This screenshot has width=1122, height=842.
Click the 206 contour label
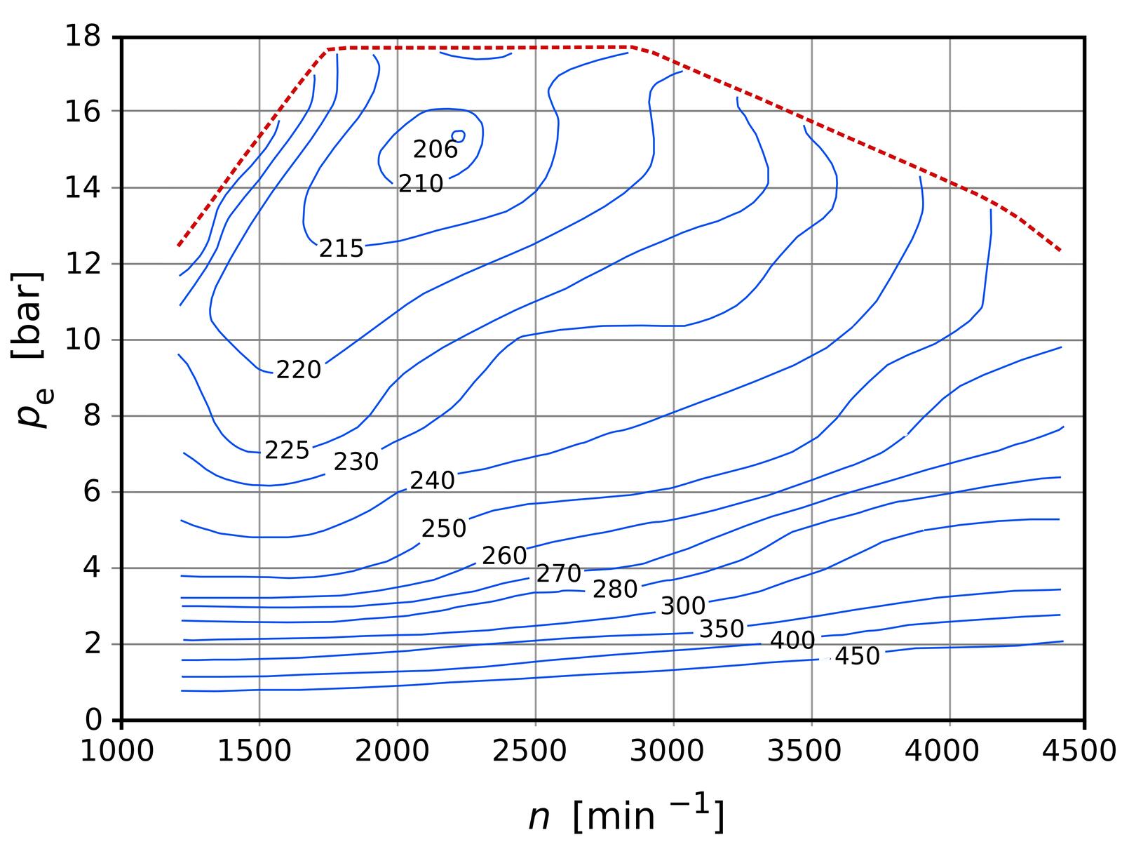point(435,149)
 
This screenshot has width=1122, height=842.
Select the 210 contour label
point(421,184)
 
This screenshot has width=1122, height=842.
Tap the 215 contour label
point(342,248)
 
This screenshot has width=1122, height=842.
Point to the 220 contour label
point(298,370)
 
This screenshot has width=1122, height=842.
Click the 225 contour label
point(287,450)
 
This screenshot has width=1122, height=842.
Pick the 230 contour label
point(356,462)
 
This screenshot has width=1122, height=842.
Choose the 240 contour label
point(432,481)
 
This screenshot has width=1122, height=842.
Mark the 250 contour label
point(443,528)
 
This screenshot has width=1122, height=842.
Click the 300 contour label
point(683,606)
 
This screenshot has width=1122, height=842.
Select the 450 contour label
point(857,656)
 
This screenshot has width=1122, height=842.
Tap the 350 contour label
point(722,629)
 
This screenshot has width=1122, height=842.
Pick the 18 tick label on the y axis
point(83,36)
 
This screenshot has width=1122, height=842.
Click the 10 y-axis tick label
point(83,340)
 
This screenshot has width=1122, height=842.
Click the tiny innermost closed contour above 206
point(459,135)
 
